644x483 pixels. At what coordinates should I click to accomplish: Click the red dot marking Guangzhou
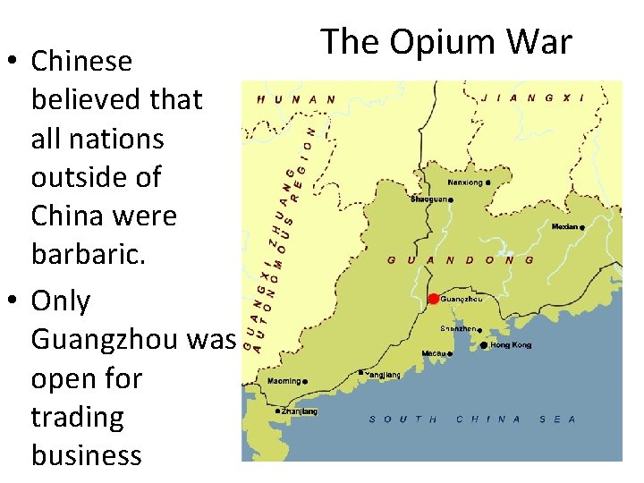(x=434, y=299)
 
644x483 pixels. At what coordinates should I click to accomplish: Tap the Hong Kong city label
(x=511, y=345)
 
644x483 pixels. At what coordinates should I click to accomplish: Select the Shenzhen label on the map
(x=457, y=330)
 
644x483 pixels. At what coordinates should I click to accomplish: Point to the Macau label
(x=433, y=353)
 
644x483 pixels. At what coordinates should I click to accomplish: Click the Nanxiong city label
(x=464, y=182)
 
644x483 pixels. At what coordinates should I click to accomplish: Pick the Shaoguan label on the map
(x=428, y=199)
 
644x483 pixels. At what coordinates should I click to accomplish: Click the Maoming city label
(x=284, y=382)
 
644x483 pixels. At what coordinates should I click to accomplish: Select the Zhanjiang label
(x=298, y=411)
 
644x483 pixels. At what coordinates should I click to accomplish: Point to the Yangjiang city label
(x=383, y=376)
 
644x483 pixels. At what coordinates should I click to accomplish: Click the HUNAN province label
(x=296, y=100)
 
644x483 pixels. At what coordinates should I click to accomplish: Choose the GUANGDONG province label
(x=461, y=260)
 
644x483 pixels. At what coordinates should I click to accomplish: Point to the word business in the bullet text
(x=86, y=455)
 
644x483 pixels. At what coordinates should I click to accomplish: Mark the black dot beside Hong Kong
(x=484, y=345)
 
